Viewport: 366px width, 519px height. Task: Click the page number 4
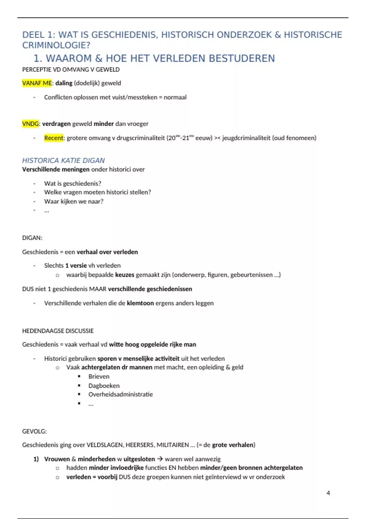point(328,493)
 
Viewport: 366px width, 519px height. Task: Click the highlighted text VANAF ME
point(37,83)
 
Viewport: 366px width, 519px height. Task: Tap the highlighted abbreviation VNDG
point(30,124)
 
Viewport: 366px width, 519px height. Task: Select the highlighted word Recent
point(54,138)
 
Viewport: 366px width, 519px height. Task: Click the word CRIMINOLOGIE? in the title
point(56,45)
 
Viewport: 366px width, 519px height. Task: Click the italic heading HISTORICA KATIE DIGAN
point(63,160)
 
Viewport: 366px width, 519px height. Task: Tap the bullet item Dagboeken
point(104,386)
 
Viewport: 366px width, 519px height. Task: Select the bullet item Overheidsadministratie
point(120,394)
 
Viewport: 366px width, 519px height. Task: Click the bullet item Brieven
point(99,376)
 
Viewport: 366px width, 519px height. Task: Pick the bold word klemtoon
point(140,303)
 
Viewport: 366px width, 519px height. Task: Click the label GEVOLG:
point(34,431)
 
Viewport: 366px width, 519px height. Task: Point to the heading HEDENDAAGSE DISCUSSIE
point(58,331)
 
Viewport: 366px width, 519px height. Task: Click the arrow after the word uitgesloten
point(160,459)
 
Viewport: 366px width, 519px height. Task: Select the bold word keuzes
point(124,275)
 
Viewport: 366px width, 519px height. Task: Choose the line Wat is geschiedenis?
point(73,183)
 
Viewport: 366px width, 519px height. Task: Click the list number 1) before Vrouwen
point(36,459)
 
